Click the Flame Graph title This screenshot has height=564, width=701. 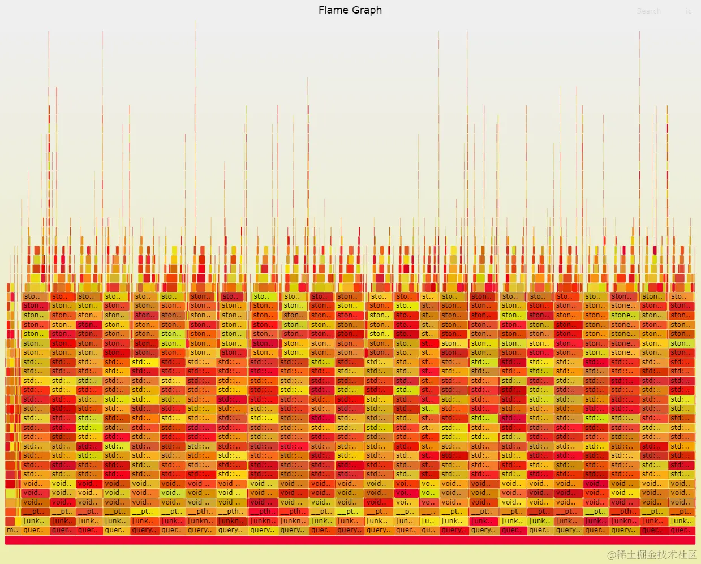coord(350,10)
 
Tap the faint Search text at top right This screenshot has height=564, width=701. coord(648,11)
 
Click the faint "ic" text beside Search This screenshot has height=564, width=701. coord(688,11)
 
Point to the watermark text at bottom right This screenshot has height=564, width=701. coord(652,554)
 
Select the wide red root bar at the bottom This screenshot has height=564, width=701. coord(350,540)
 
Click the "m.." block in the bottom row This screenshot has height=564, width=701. coord(12,531)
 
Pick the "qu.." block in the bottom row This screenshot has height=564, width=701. coord(428,531)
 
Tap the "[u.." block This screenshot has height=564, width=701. coord(428,521)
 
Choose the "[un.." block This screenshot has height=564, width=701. coord(405,521)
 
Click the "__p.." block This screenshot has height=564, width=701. coord(405,511)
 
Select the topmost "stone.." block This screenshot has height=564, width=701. coord(622,306)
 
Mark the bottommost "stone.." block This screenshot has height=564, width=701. coord(622,352)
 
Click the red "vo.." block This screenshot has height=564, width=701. coord(428,502)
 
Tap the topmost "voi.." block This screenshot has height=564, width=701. coord(404,484)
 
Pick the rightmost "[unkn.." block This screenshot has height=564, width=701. coord(623,521)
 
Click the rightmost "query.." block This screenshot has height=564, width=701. coord(623,531)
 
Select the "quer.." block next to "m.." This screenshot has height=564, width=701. coord(34,531)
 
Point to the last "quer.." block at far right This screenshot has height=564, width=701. coord(681,531)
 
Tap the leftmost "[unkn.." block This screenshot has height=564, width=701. coord(201,521)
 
